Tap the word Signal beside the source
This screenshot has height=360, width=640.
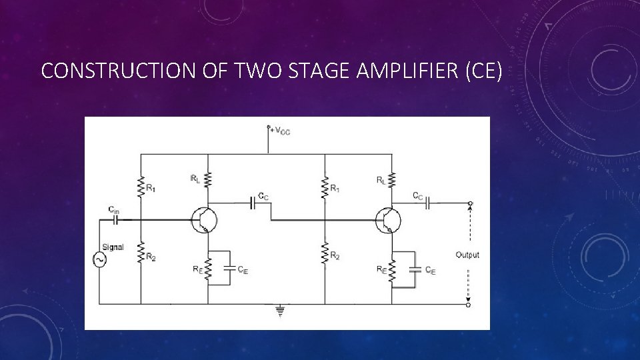point(113,247)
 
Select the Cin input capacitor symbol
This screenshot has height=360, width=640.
point(115,218)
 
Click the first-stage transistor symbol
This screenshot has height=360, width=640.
point(201,219)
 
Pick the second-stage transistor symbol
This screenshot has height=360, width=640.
point(386,219)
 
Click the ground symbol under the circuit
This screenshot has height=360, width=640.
point(279,309)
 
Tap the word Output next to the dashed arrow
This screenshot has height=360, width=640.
point(467,255)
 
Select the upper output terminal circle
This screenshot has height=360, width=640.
point(470,203)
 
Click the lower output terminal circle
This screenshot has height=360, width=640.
point(469,305)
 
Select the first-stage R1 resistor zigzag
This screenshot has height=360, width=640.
point(141,187)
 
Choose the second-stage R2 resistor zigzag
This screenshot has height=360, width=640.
point(325,254)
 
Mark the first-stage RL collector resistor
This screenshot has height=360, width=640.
point(208,179)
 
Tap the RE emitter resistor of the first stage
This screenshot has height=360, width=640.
point(208,269)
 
